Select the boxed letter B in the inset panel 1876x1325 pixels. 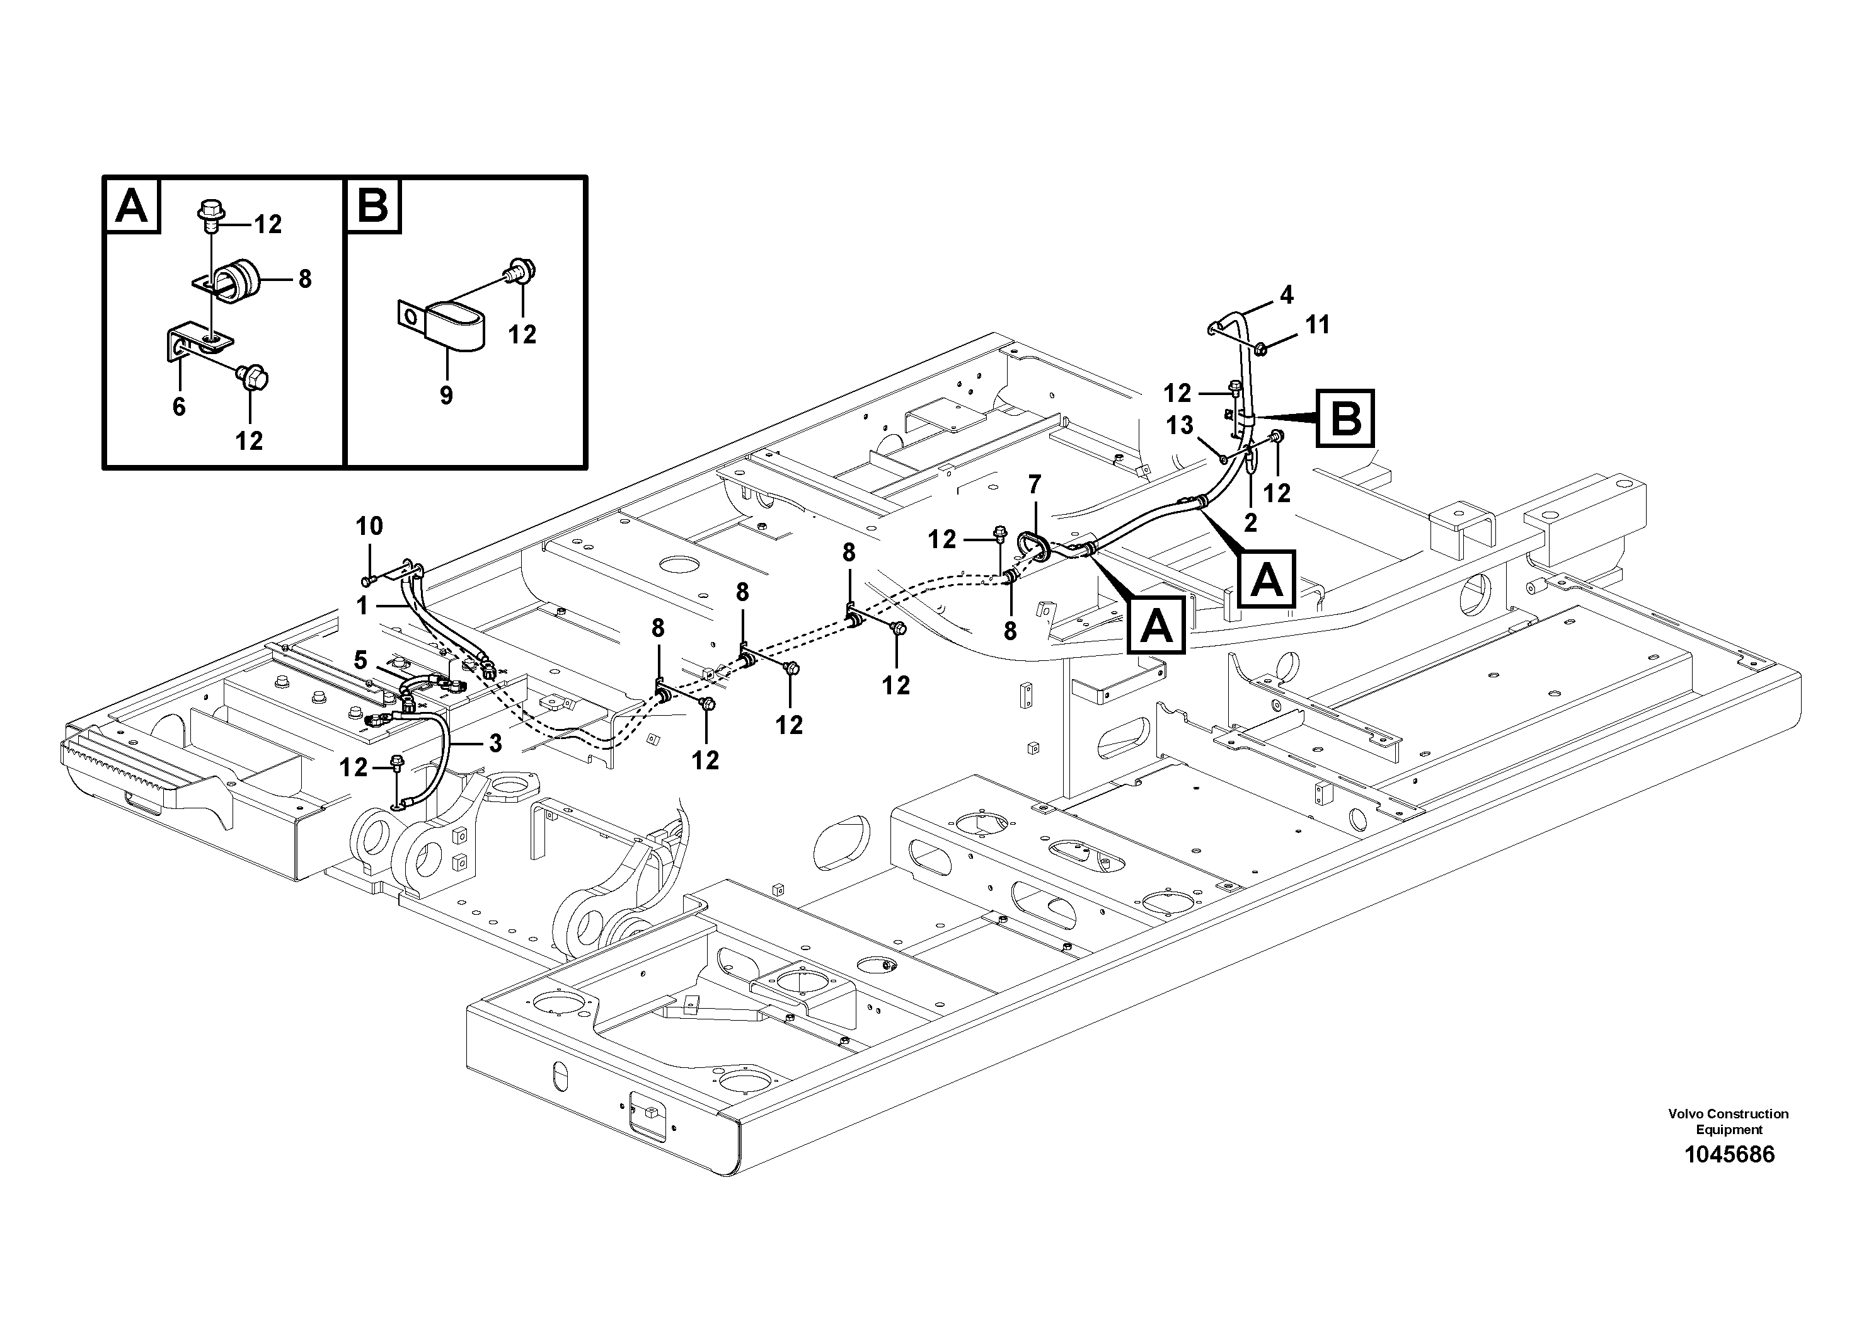[x=374, y=205]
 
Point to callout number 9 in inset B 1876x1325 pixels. [x=446, y=396]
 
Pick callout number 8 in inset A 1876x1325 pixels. [x=305, y=279]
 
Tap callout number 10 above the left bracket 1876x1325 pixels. [x=369, y=526]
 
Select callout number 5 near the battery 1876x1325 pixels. [x=360, y=658]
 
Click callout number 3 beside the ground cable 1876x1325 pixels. [x=495, y=743]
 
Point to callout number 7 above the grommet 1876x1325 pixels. [x=1034, y=485]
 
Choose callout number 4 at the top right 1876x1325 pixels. [x=1287, y=295]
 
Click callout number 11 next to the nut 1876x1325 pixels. [x=1317, y=325]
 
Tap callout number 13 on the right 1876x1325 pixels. [x=1180, y=426]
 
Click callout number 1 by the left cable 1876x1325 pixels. [x=362, y=605]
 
